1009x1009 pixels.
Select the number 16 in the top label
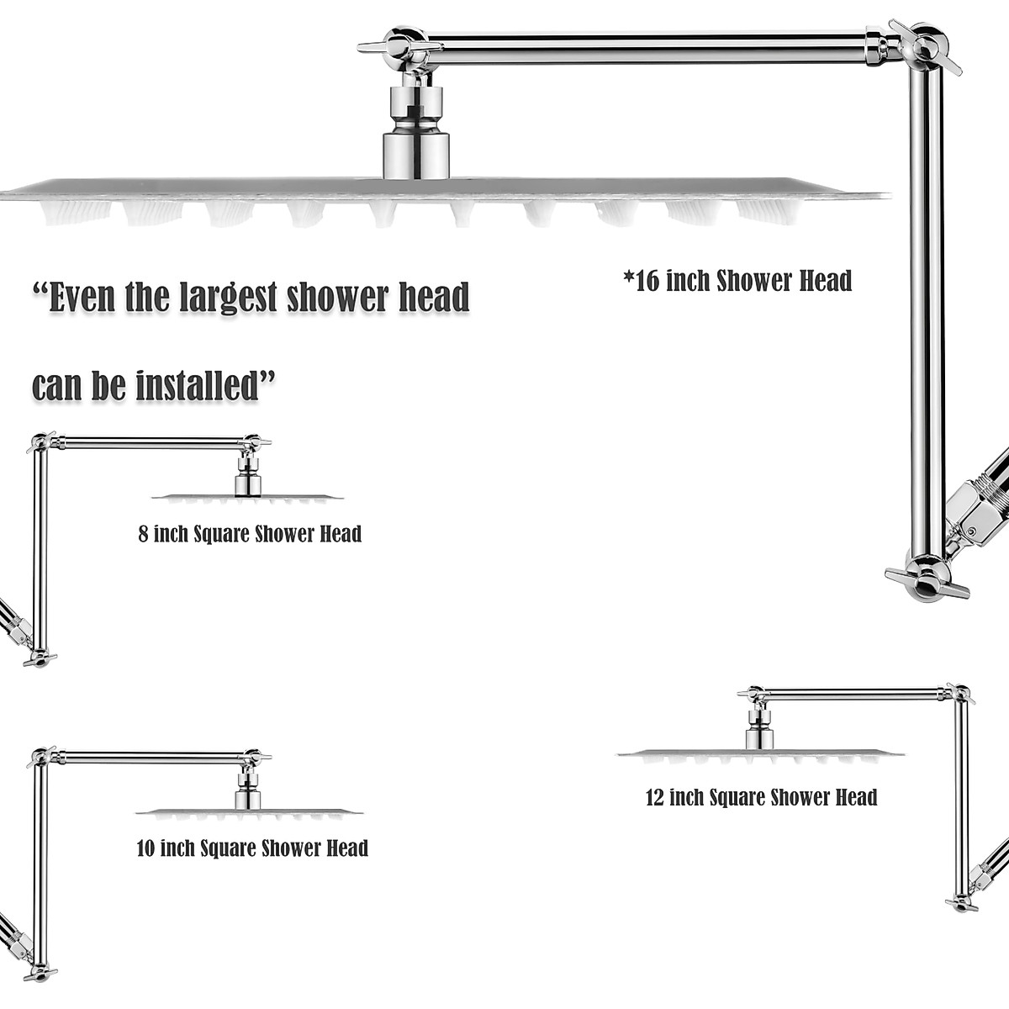point(647,281)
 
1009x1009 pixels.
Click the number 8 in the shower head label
point(144,534)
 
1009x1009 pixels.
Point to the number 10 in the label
point(145,848)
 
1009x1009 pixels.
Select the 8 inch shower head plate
point(247,498)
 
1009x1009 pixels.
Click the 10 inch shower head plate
point(249,813)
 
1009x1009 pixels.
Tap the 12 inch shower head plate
point(760,753)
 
